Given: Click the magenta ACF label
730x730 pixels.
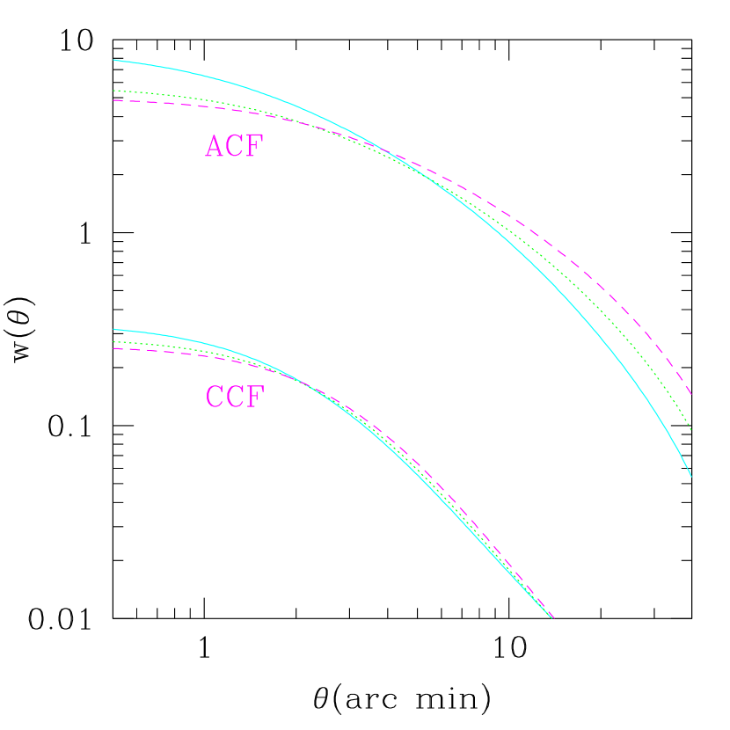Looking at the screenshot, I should (x=234, y=147).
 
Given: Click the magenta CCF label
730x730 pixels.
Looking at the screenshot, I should (x=234, y=398).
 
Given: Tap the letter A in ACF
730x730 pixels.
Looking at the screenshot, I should (x=215, y=147).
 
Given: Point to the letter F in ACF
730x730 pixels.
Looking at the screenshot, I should (x=254, y=147).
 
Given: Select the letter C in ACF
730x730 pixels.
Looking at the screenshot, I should (x=235, y=147).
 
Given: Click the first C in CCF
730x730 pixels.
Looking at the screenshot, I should (x=215, y=398).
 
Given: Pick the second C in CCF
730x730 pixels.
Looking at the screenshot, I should (x=235, y=398).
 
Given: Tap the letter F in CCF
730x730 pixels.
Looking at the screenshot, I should (x=254, y=398).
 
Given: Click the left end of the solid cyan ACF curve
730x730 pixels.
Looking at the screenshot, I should (x=114, y=60).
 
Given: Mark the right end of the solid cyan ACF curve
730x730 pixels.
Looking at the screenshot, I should (x=691, y=476).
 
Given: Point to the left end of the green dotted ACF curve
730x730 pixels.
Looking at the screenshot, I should (x=114, y=91).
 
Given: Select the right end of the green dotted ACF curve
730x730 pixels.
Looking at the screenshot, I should (x=691, y=430).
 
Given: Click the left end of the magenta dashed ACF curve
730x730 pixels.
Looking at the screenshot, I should (x=114, y=100).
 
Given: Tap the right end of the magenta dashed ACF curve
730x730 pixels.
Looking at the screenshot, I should (x=691, y=393).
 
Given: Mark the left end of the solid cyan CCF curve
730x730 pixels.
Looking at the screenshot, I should (x=114, y=330).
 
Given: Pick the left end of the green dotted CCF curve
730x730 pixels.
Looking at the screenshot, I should (x=114, y=341).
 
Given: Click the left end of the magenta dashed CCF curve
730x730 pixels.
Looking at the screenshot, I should (x=114, y=348).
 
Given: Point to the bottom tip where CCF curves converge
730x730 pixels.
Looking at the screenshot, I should (x=553, y=618).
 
